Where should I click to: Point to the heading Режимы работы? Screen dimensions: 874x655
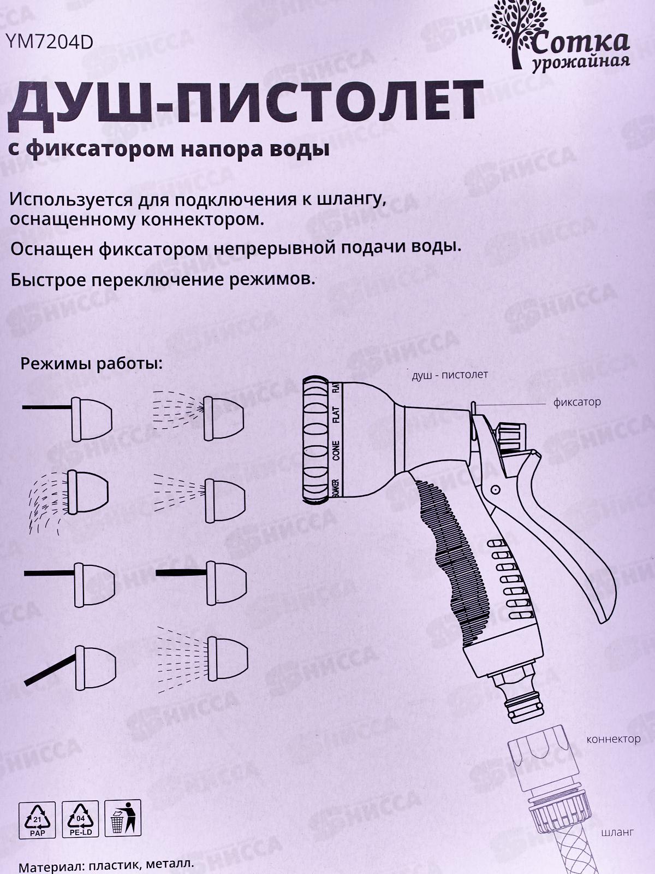coord(92,364)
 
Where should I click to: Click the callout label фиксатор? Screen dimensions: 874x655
coord(576,403)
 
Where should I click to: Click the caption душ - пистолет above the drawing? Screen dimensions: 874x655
coord(450,375)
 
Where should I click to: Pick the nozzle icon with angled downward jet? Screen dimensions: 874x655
coord(76,666)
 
